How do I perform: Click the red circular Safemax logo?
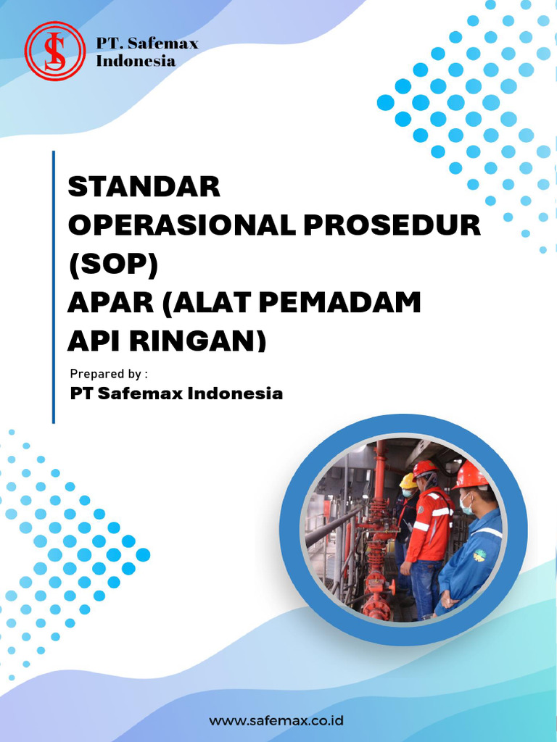[x=54, y=51]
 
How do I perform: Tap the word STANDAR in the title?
[x=144, y=187]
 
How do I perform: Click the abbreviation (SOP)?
[x=112, y=264]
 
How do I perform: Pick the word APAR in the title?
[x=109, y=302]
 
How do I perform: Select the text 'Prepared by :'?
[x=109, y=374]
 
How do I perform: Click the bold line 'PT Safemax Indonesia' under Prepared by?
[x=176, y=394]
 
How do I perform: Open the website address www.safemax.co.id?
[x=276, y=721]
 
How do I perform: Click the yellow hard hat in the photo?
[x=408, y=480]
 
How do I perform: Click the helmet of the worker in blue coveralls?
[x=471, y=475]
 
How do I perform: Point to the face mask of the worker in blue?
[x=466, y=504]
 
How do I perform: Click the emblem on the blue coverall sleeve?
[x=479, y=556]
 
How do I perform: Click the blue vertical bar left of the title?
[x=54, y=287]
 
